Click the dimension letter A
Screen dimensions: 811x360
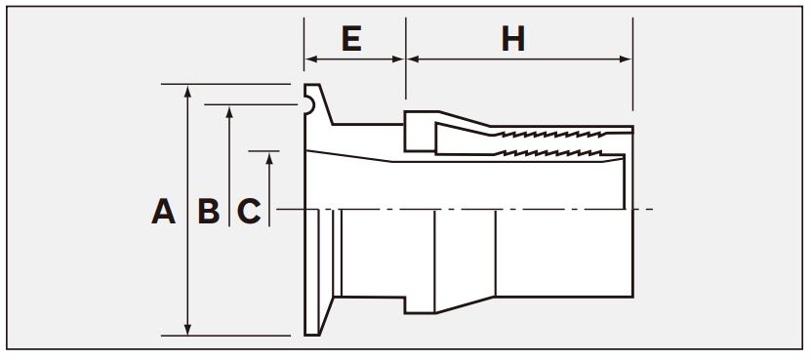(x=163, y=212)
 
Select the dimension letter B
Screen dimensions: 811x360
(x=209, y=212)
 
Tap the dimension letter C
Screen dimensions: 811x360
(x=249, y=212)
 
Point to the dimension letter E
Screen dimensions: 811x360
(x=351, y=39)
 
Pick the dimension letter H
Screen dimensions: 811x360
(x=513, y=39)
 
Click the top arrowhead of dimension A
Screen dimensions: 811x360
(x=187, y=91)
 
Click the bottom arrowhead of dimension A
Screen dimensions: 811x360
(x=187, y=329)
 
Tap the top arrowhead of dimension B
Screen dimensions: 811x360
(x=229, y=112)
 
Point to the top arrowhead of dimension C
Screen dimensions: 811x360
(x=269, y=158)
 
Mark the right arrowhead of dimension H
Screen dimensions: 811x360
(x=626, y=60)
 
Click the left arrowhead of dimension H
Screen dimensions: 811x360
(x=413, y=60)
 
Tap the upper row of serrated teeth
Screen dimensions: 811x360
(x=547, y=134)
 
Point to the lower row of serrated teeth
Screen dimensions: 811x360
(x=547, y=153)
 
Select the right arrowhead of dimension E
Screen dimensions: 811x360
(x=398, y=60)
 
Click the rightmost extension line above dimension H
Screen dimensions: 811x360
(x=632, y=63)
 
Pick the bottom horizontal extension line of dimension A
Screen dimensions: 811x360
(x=225, y=336)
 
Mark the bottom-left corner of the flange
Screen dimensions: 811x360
(x=305, y=336)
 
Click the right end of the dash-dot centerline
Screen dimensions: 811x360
(x=653, y=210)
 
